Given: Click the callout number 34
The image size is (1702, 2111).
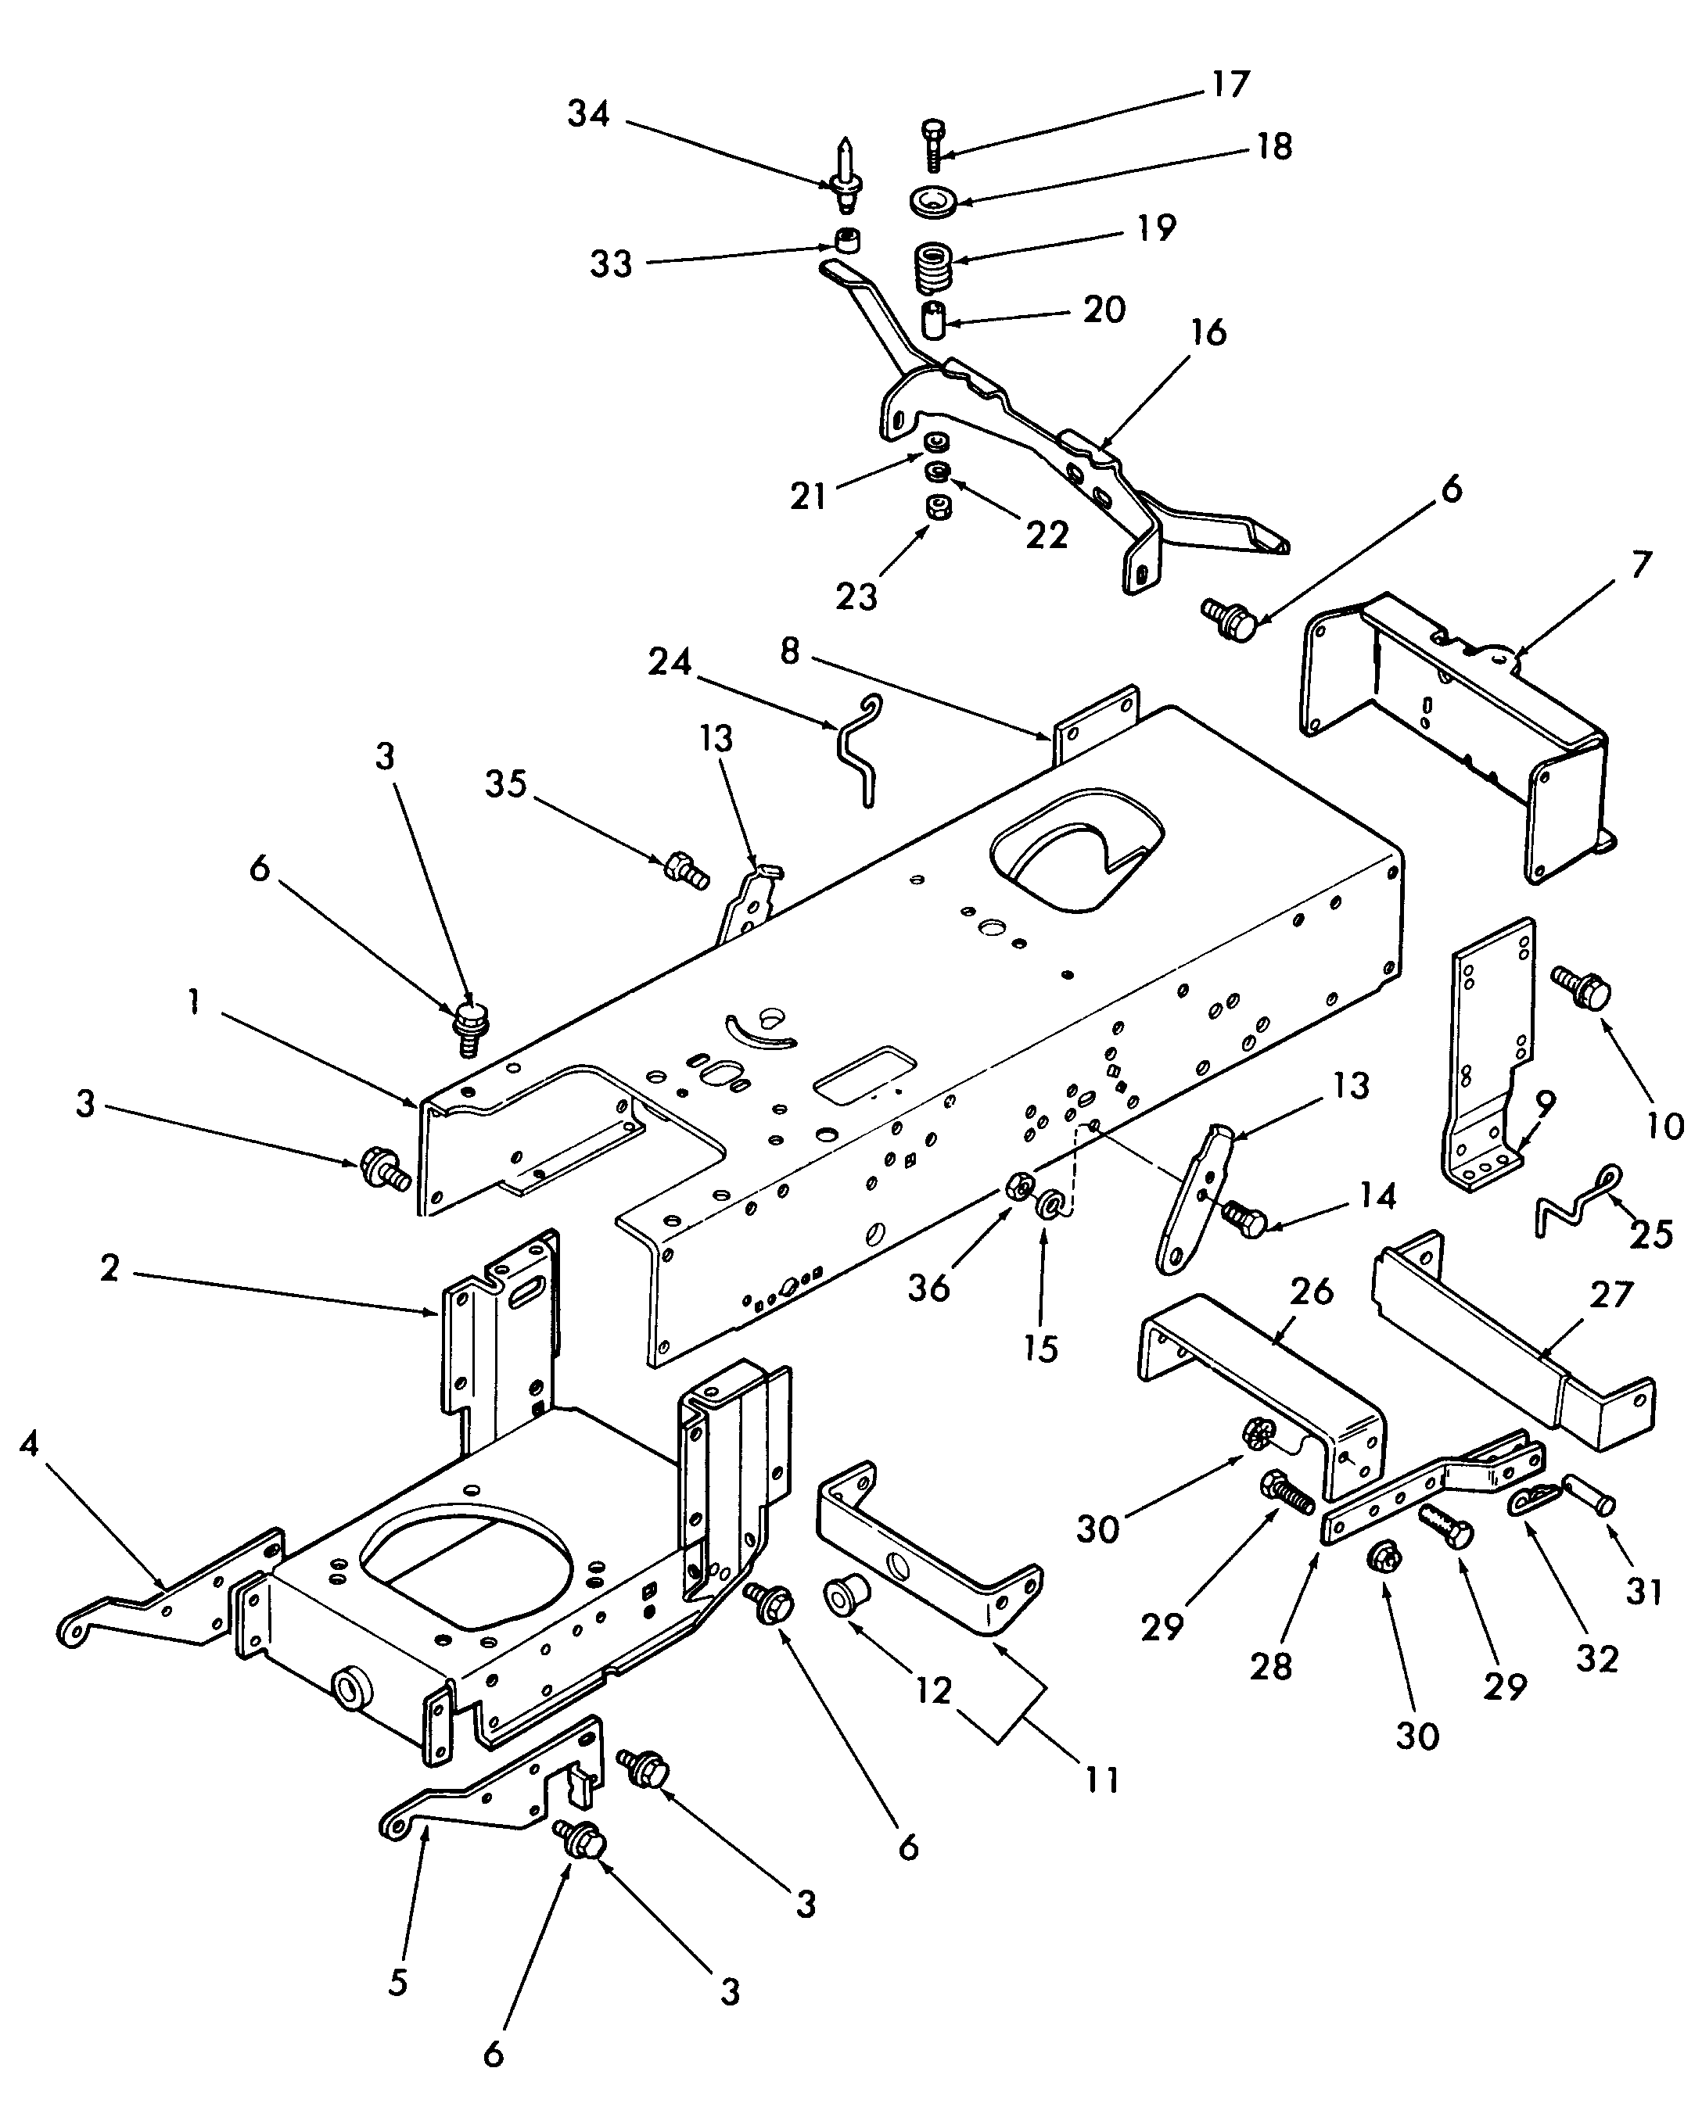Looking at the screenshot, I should (588, 115).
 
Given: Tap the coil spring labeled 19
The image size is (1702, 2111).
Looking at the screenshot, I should (932, 266).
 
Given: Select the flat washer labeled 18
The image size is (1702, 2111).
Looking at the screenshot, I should (932, 202).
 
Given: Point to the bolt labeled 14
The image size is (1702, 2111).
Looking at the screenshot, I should (1243, 1220).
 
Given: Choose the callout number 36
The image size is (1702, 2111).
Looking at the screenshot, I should (928, 1288).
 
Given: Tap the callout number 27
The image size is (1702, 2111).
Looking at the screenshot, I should (1610, 1295).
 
